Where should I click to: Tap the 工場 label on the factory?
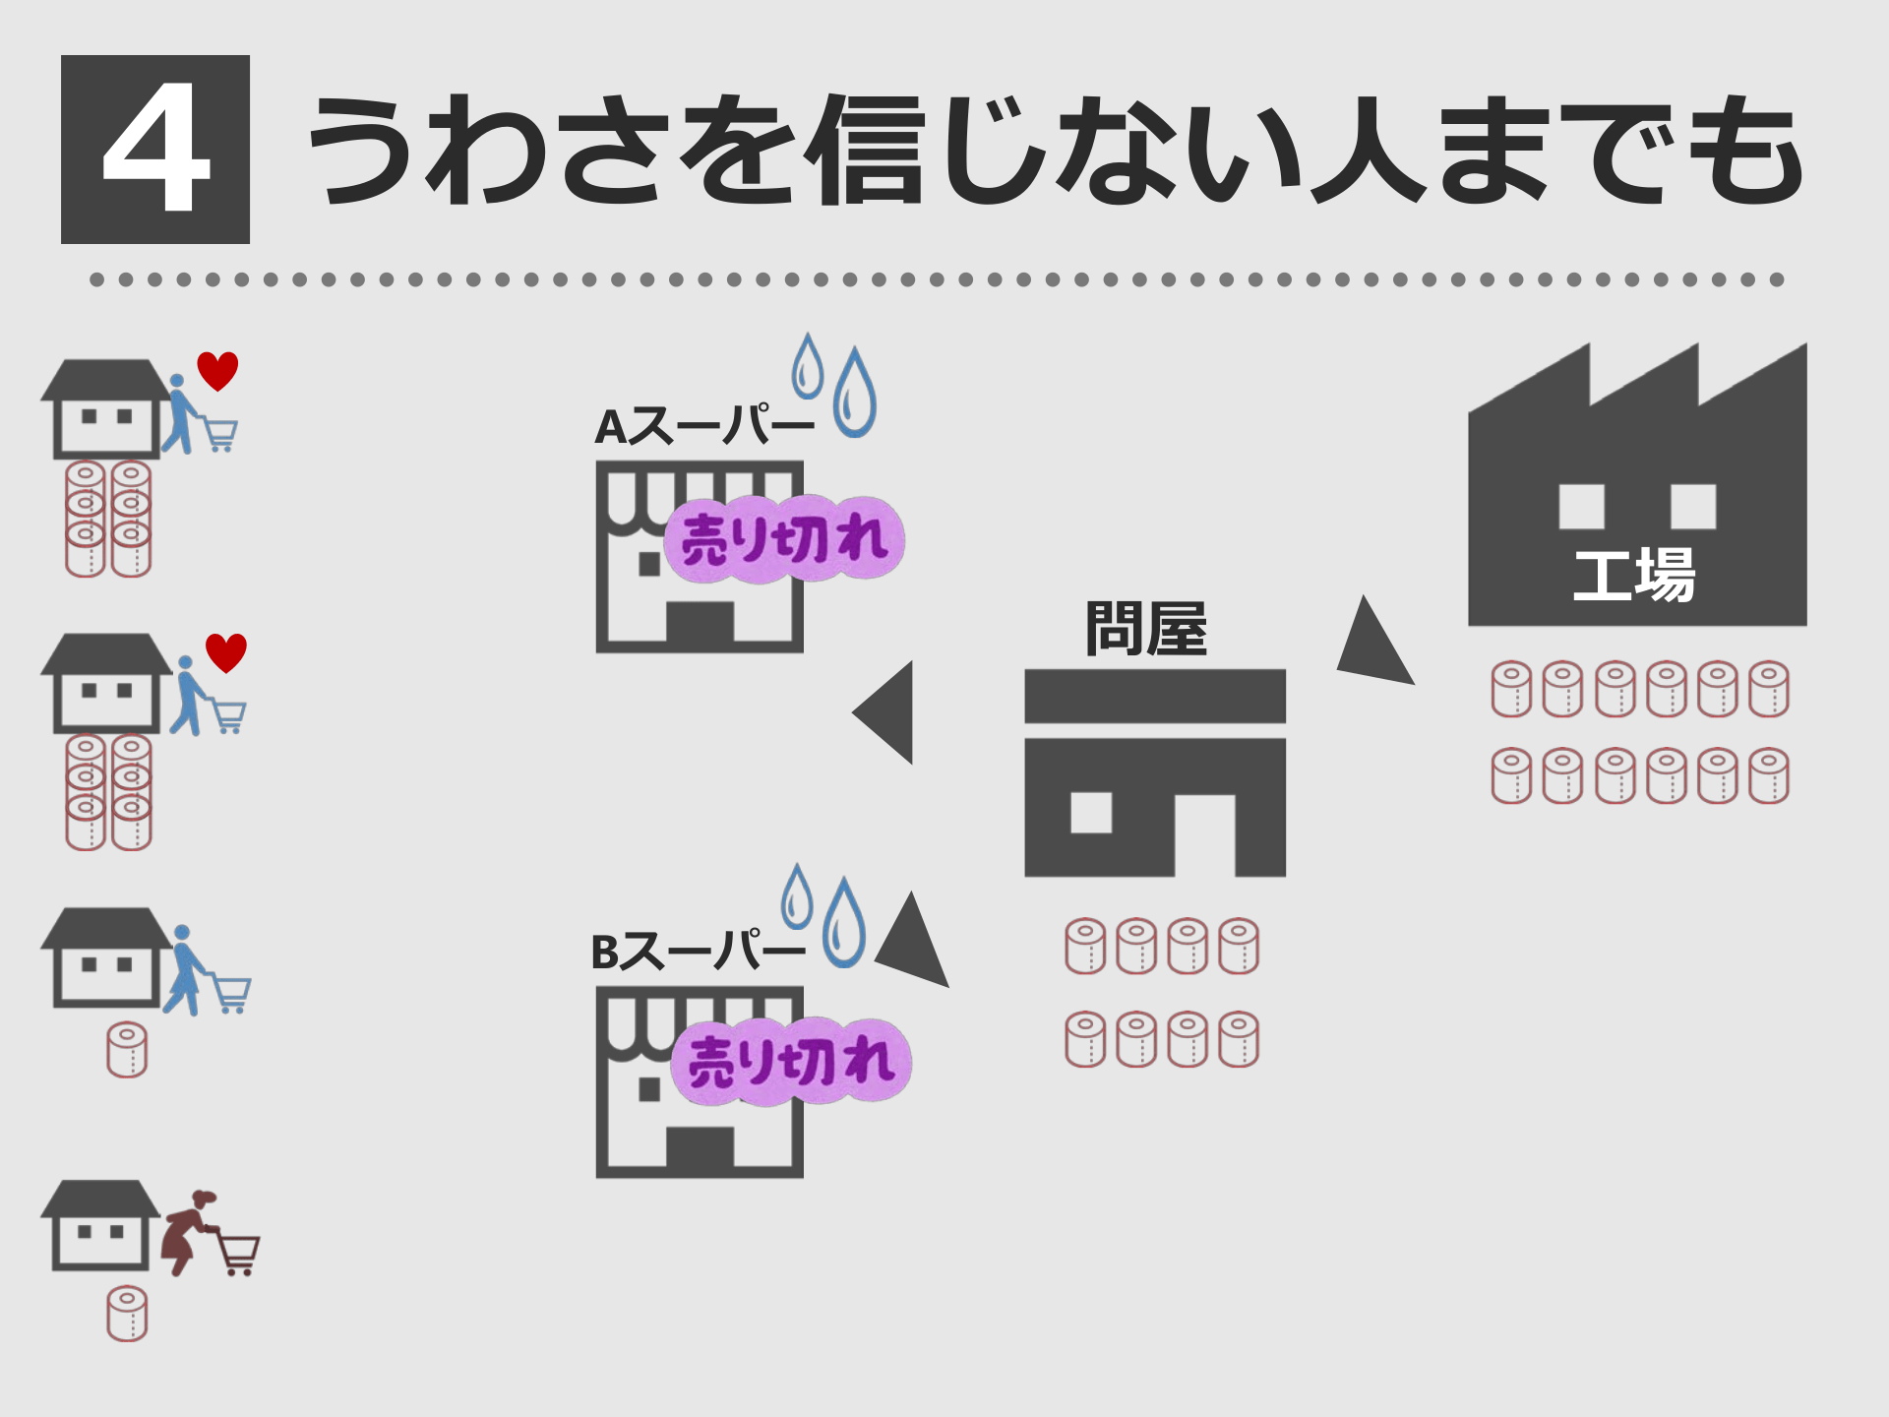point(1634,575)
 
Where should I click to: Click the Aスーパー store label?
point(704,427)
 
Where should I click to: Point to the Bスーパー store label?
point(698,952)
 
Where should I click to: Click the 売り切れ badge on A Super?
point(784,539)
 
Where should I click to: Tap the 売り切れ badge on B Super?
point(791,1062)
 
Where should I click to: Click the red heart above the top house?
point(217,371)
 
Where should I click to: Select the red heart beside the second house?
point(226,652)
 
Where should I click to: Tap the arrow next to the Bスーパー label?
point(914,943)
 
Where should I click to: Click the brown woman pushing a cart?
point(187,1230)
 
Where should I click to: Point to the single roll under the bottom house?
point(127,1314)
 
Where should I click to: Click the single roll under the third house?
point(127,1050)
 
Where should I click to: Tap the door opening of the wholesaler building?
point(1204,836)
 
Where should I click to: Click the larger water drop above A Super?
point(854,394)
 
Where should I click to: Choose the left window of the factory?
point(1581,507)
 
